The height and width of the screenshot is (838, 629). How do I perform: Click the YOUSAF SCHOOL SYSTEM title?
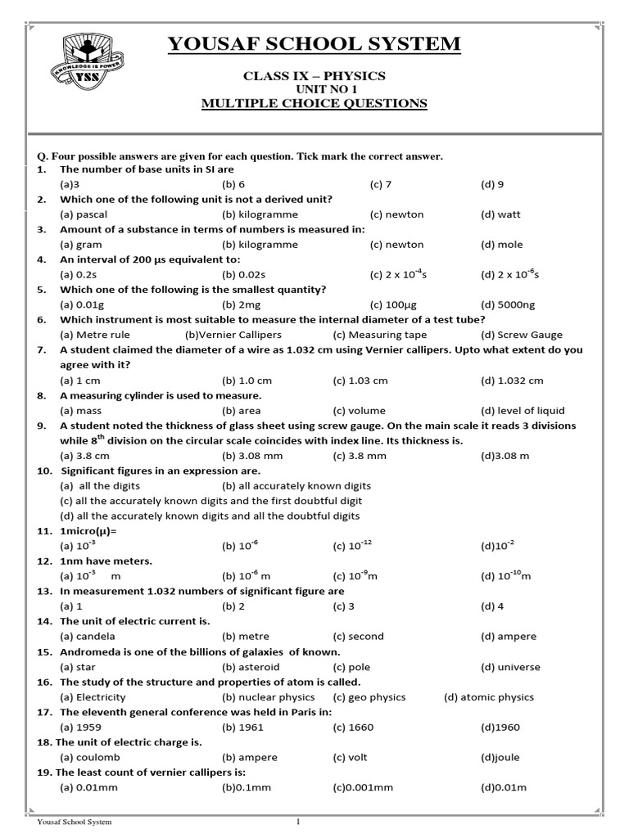pos(314,44)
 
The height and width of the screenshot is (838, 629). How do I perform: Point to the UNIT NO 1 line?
pos(314,89)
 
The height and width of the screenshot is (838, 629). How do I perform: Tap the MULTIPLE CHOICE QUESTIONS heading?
pos(314,103)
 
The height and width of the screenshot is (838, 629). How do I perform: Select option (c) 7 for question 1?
pos(381,184)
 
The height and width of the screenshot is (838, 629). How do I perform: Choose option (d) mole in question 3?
pos(501,244)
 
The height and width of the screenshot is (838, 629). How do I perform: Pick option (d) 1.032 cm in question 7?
pos(512,381)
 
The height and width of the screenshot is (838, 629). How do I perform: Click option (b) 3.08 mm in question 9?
pos(249,455)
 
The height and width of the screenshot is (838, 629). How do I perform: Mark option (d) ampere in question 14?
pos(509,636)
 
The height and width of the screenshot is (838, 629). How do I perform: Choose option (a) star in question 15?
pos(76,667)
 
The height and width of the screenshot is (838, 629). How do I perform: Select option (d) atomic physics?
pos(488,697)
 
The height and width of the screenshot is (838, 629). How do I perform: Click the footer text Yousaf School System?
pos(75,822)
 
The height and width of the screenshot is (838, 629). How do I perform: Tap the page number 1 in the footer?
pos(298,822)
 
